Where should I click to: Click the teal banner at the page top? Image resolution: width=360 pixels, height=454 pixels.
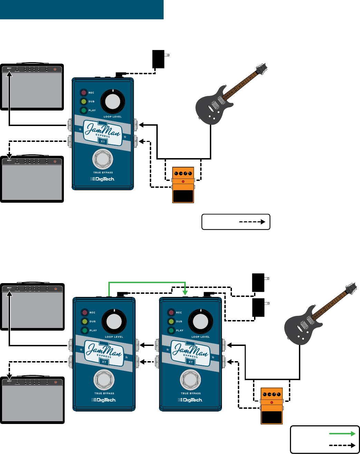pyautogui.click(x=81, y=9)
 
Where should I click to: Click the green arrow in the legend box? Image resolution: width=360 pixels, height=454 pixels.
pyautogui.click(x=342, y=434)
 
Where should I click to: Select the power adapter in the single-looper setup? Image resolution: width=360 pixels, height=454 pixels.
pyautogui.click(x=159, y=59)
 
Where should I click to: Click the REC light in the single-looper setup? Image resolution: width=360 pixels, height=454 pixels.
pyautogui.click(x=84, y=93)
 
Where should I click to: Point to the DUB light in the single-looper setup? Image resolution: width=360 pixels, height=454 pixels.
pyautogui.click(x=84, y=102)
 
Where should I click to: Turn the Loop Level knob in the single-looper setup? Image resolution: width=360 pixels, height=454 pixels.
pyautogui.click(x=113, y=102)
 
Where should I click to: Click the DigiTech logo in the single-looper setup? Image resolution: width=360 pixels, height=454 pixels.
pyautogui.click(x=103, y=179)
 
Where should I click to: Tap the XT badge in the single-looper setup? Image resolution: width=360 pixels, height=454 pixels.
pyautogui.click(x=103, y=142)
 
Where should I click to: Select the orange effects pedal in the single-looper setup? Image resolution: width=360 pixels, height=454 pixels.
pyautogui.click(x=183, y=185)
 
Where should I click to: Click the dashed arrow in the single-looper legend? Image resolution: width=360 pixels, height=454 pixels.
pyautogui.click(x=252, y=222)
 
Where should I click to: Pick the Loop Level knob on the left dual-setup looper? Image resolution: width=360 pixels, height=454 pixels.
pyautogui.click(x=114, y=322)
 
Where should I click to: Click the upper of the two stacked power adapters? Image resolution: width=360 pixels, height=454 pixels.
pyautogui.click(x=259, y=282)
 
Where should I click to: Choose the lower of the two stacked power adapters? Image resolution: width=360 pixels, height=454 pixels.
pyautogui.click(x=259, y=308)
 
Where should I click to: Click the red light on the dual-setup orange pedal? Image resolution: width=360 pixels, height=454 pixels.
pyautogui.click(x=272, y=403)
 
